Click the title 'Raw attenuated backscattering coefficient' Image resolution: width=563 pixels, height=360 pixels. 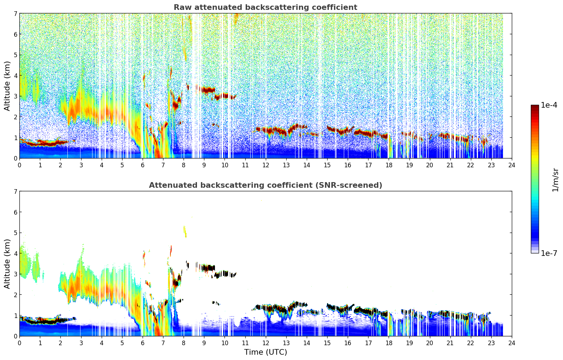(265, 7)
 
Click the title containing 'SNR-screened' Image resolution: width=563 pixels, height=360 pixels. (265, 185)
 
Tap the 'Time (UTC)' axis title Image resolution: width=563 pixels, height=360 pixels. (265, 352)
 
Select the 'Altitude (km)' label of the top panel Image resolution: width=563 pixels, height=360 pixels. (7, 86)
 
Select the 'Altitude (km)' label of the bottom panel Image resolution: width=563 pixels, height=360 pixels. (7, 264)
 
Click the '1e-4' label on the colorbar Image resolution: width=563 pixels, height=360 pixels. (549, 105)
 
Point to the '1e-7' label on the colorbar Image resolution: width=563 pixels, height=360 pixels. (549, 253)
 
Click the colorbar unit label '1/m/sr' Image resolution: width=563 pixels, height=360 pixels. (555, 179)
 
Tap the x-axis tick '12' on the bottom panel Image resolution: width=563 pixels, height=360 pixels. (265, 343)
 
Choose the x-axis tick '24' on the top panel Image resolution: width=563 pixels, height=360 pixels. (512, 165)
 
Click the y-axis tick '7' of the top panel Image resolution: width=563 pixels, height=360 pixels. (16, 13)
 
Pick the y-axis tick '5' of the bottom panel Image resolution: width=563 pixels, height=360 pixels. (16, 233)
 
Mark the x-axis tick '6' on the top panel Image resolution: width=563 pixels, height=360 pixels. (143, 165)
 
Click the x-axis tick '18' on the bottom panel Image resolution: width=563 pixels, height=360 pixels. (389, 343)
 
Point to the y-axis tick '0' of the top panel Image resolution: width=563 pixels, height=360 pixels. (16, 158)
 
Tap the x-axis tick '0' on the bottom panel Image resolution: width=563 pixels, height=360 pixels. (19, 343)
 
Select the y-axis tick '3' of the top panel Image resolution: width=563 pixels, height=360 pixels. (16, 96)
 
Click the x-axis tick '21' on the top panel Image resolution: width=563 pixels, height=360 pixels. (450, 165)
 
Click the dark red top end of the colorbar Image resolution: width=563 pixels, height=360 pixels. (535, 106)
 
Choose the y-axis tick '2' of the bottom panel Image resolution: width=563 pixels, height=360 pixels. (16, 295)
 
